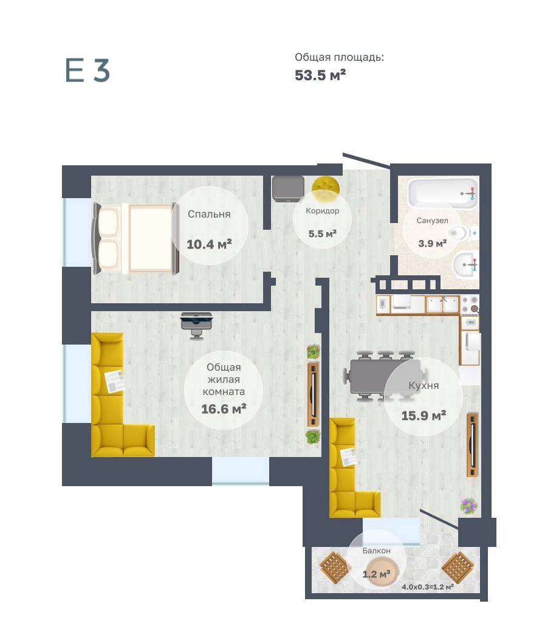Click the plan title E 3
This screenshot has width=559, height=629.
click(x=87, y=70)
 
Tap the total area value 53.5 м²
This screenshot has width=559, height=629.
click(x=320, y=75)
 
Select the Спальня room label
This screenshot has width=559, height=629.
click(x=209, y=214)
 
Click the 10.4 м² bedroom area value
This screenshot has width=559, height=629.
click(x=209, y=244)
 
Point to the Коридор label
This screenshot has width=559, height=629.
click(x=322, y=211)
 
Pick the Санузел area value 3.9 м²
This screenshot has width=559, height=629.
click(x=432, y=243)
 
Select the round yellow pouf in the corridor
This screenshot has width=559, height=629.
click(x=326, y=188)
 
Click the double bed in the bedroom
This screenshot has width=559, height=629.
click(x=135, y=238)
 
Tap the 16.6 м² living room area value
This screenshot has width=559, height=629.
click(x=224, y=409)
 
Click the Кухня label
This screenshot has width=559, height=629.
click(x=424, y=385)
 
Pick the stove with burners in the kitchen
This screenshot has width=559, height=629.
click(x=470, y=305)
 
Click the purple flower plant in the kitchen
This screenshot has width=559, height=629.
click(x=469, y=506)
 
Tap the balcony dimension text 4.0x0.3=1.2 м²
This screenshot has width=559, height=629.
click(x=428, y=587)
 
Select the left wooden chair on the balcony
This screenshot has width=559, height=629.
click(x=334, y=567)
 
